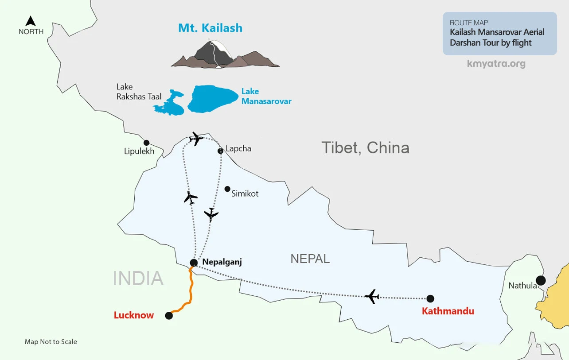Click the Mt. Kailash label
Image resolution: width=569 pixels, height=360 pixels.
210,28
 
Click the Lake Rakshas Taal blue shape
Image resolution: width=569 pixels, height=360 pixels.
170,104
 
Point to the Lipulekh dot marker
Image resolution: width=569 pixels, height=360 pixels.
146,143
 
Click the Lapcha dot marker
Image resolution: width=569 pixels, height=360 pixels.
220,151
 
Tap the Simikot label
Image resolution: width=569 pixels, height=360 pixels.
245,194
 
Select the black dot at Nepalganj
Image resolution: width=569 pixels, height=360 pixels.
194,262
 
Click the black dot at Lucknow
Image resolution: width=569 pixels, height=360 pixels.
168,316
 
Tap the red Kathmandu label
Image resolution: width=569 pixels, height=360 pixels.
448,311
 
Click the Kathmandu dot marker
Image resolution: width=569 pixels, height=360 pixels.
430,298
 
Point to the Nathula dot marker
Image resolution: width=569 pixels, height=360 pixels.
540,280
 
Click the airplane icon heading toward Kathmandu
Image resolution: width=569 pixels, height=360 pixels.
372,296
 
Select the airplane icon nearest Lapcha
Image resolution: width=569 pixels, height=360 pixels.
195,139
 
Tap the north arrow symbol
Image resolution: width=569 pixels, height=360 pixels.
31,21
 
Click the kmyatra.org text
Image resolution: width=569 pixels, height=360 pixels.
496,63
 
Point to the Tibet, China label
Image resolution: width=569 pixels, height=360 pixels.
365,147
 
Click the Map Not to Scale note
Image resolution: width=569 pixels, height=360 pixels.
51,342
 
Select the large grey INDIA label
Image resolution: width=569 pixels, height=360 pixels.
138,278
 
